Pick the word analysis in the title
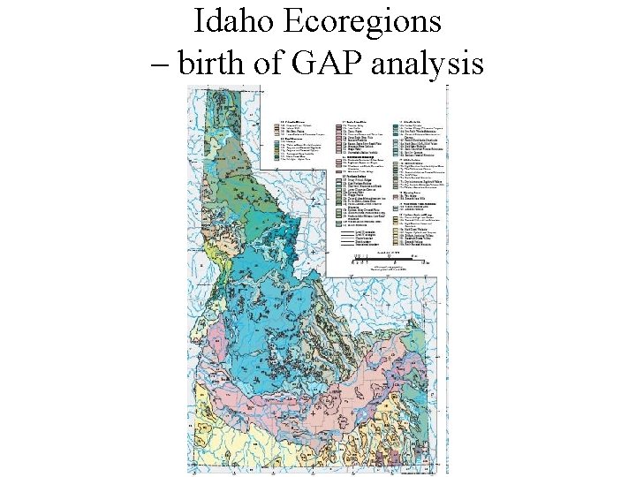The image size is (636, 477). pyautogui.click(x=433, y=64)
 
